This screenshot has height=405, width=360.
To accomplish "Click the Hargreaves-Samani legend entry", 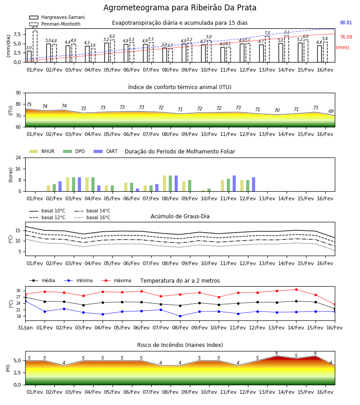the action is point(57,17).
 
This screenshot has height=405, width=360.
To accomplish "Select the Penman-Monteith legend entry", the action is point(55,24).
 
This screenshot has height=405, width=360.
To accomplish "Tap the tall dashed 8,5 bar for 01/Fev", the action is point(35,46).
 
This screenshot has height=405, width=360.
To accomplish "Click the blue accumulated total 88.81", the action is point(346,23).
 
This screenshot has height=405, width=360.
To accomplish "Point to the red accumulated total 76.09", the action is point(346,37).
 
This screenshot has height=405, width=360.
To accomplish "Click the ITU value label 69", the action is point(331,111).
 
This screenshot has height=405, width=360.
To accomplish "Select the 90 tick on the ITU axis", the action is point(18,93).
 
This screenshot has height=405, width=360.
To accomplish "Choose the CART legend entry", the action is point(106,151).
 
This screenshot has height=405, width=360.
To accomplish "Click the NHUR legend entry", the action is point(42,151).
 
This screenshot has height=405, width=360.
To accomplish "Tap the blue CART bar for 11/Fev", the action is point(234,184).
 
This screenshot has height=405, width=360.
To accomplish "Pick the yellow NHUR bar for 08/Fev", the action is point(165,184).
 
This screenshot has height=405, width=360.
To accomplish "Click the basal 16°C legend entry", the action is point(92,217).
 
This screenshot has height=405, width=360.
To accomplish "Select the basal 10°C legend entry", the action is point(47,211).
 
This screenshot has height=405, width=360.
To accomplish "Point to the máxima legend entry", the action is point(116,280).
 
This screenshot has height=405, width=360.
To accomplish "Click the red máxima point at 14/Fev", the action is point(296,289).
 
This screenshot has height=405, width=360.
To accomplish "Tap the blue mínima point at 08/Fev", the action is point(180,316).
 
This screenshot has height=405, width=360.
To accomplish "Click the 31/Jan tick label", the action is point(25,328).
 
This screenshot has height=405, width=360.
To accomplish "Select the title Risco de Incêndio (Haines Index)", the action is point(180,345).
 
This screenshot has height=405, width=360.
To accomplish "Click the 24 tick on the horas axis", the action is point(18,157).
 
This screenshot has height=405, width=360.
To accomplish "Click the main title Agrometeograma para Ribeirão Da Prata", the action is point(180,8).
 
